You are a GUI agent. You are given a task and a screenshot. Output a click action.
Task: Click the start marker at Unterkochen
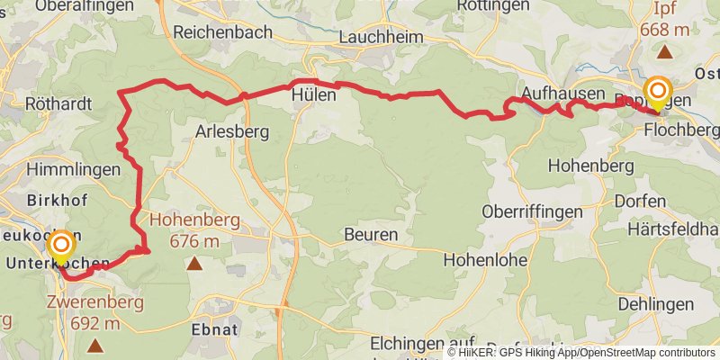61,245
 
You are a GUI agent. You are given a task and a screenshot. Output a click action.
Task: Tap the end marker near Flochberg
659,91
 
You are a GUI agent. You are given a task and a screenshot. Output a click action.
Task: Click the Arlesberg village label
233,131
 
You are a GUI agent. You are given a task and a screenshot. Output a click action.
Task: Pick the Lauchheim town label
382,38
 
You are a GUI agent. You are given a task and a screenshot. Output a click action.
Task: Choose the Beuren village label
370,235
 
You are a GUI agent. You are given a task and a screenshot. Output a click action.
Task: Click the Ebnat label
214,329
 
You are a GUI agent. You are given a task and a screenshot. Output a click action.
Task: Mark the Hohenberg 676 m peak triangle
194,265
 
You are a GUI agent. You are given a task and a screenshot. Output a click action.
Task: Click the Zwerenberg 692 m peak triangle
95,345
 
